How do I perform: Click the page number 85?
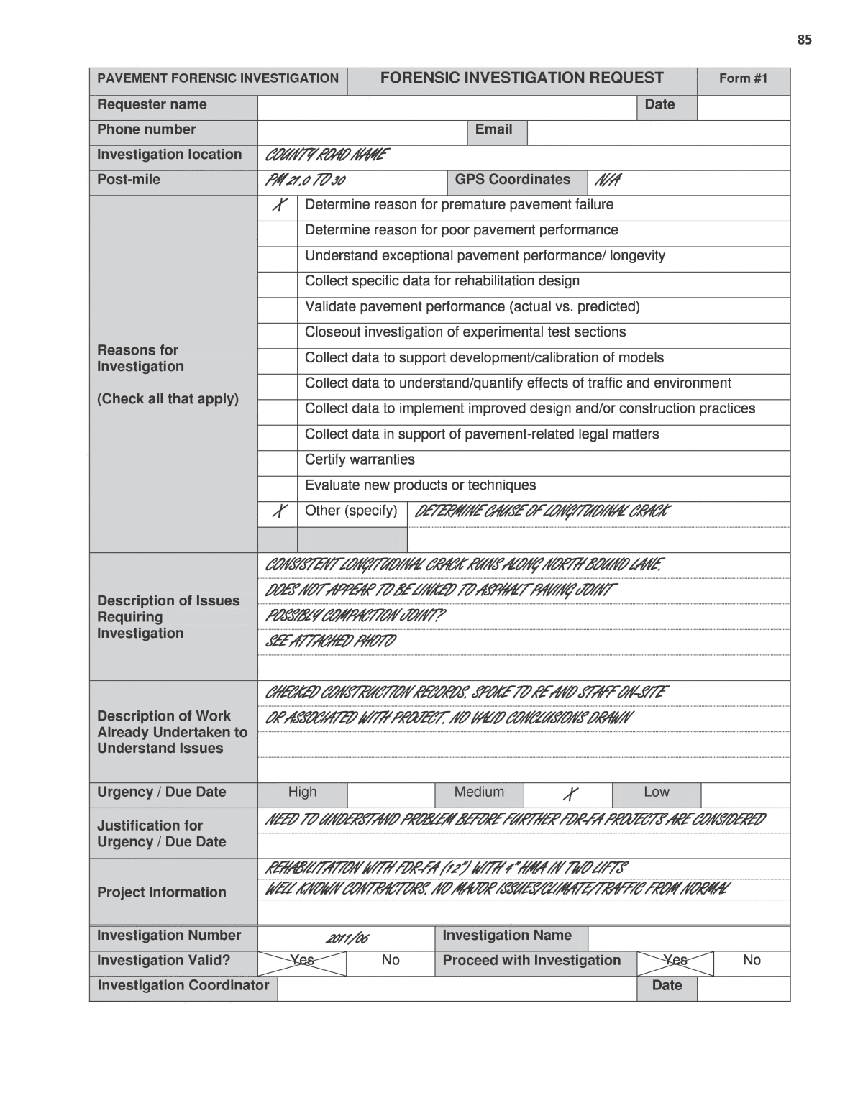pyautogui.click(x=804, y=40)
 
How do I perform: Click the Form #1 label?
pyautogui.click(x=743, y=78)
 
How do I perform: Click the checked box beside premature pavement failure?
pyautogui.click(x=278, y=206)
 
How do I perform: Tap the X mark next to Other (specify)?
pyautogui.click(x=278, y=512)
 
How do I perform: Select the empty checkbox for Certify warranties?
pyautogui.click(x=278, y=461)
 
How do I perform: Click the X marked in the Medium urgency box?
pyautogui.click(x=569, y=794)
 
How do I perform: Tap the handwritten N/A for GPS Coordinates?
pyautogui.click(x=605, y=180)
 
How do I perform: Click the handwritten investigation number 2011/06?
pyautogui.click(x=347, y=938)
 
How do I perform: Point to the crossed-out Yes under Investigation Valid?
pyautogui.click(x=302, y=961)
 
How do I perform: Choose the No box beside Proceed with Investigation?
pyautogui.click(x=752, y=961)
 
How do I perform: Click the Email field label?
pyautogui.click(x=493, y=130)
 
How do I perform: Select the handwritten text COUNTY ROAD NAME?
pyautogui.click(x=326, y=155)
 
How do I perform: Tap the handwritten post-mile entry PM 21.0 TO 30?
pyautogui.click(x=305, y=180)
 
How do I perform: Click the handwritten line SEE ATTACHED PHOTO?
pyautogui.click(x=330, y=641)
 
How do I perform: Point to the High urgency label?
pyautogui.click(x=302, y=792)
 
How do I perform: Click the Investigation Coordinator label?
pyautogui.click(x=183, y=986)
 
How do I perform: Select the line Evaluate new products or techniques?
pyautogui.click(x=420, y=486)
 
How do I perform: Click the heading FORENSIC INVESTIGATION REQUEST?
pyautogui.click(x=521, y=78)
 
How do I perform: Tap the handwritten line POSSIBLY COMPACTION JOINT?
pyautogui.click(x=355, y=616)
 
